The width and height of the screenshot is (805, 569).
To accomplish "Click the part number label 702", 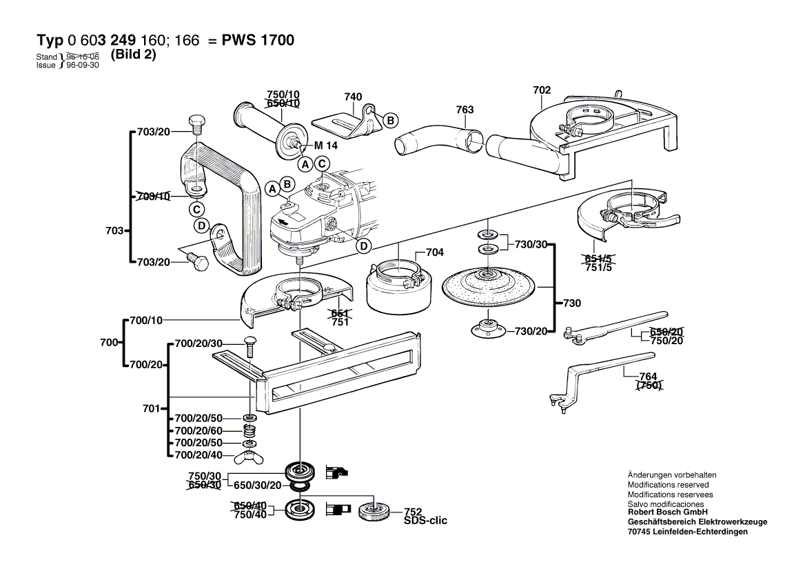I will [x=542, y=90].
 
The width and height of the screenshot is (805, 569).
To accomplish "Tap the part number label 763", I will [x=465, y=109].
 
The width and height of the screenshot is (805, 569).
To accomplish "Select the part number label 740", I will [x=353, y=98].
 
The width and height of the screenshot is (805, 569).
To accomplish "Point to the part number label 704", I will [x=434, y=252].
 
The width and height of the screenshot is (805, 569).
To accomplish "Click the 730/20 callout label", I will [x=531, y=331].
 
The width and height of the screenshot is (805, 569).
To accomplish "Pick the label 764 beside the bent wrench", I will [x=648, y=377].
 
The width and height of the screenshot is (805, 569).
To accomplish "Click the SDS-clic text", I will [x=425, y=521].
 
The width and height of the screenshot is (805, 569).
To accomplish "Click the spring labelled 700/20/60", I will [x=249, y=432].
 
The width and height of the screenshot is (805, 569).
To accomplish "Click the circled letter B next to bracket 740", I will [x=390, y=120].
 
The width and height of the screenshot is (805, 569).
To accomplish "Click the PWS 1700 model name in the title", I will [x=257, y=41].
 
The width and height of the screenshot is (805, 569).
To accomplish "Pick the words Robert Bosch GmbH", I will [x=667, y=513].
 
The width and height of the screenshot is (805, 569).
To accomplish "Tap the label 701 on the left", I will [x=151, y=408].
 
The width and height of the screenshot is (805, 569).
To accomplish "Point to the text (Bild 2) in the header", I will [x=133, y=55].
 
